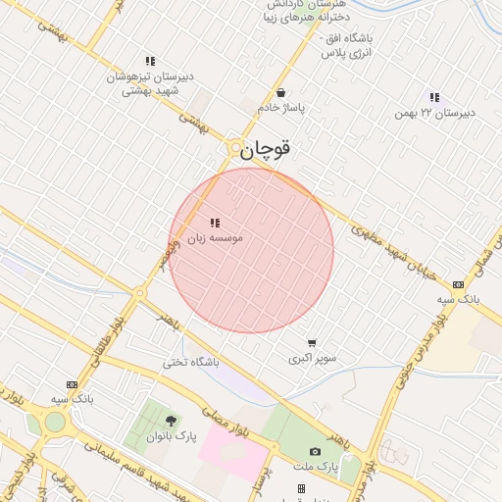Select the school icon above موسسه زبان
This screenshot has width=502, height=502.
pos(215,224)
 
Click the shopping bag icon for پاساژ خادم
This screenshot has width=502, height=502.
pos(281,93)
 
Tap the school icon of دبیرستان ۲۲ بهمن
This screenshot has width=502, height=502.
pos(434,97)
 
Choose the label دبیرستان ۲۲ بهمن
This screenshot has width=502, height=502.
pos(434,113)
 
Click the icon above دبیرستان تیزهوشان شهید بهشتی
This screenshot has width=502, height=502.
pos(150,61)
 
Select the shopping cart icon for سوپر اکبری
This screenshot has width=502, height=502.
pos(312,343)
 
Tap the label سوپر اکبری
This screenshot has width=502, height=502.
pos(312,359)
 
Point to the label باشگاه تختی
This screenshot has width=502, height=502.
pos(190,363)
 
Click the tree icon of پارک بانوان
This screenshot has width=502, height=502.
pos(171,421)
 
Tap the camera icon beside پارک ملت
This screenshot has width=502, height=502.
pos(315,451)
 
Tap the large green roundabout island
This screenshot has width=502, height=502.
pos(54,422)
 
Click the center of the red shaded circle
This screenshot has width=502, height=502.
pos(251,251)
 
